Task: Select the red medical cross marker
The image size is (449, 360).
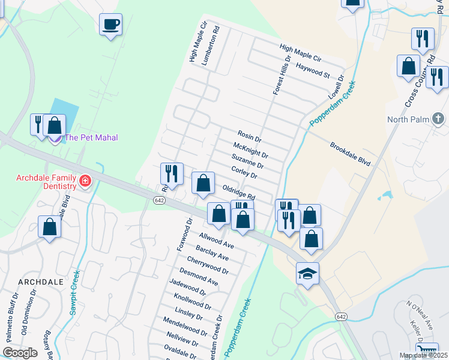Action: coord(85,181)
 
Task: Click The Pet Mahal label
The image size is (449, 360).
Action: coord(91,137)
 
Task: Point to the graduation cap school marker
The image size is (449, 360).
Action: coord(307,274)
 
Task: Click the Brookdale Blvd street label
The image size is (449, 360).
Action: coord(350,154)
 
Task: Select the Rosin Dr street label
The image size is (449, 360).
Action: coord(249,136)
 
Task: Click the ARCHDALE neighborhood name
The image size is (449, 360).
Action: coord(41,281)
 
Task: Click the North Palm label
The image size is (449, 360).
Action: coord(408,119)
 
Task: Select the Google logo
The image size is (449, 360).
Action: coord(20,353)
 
